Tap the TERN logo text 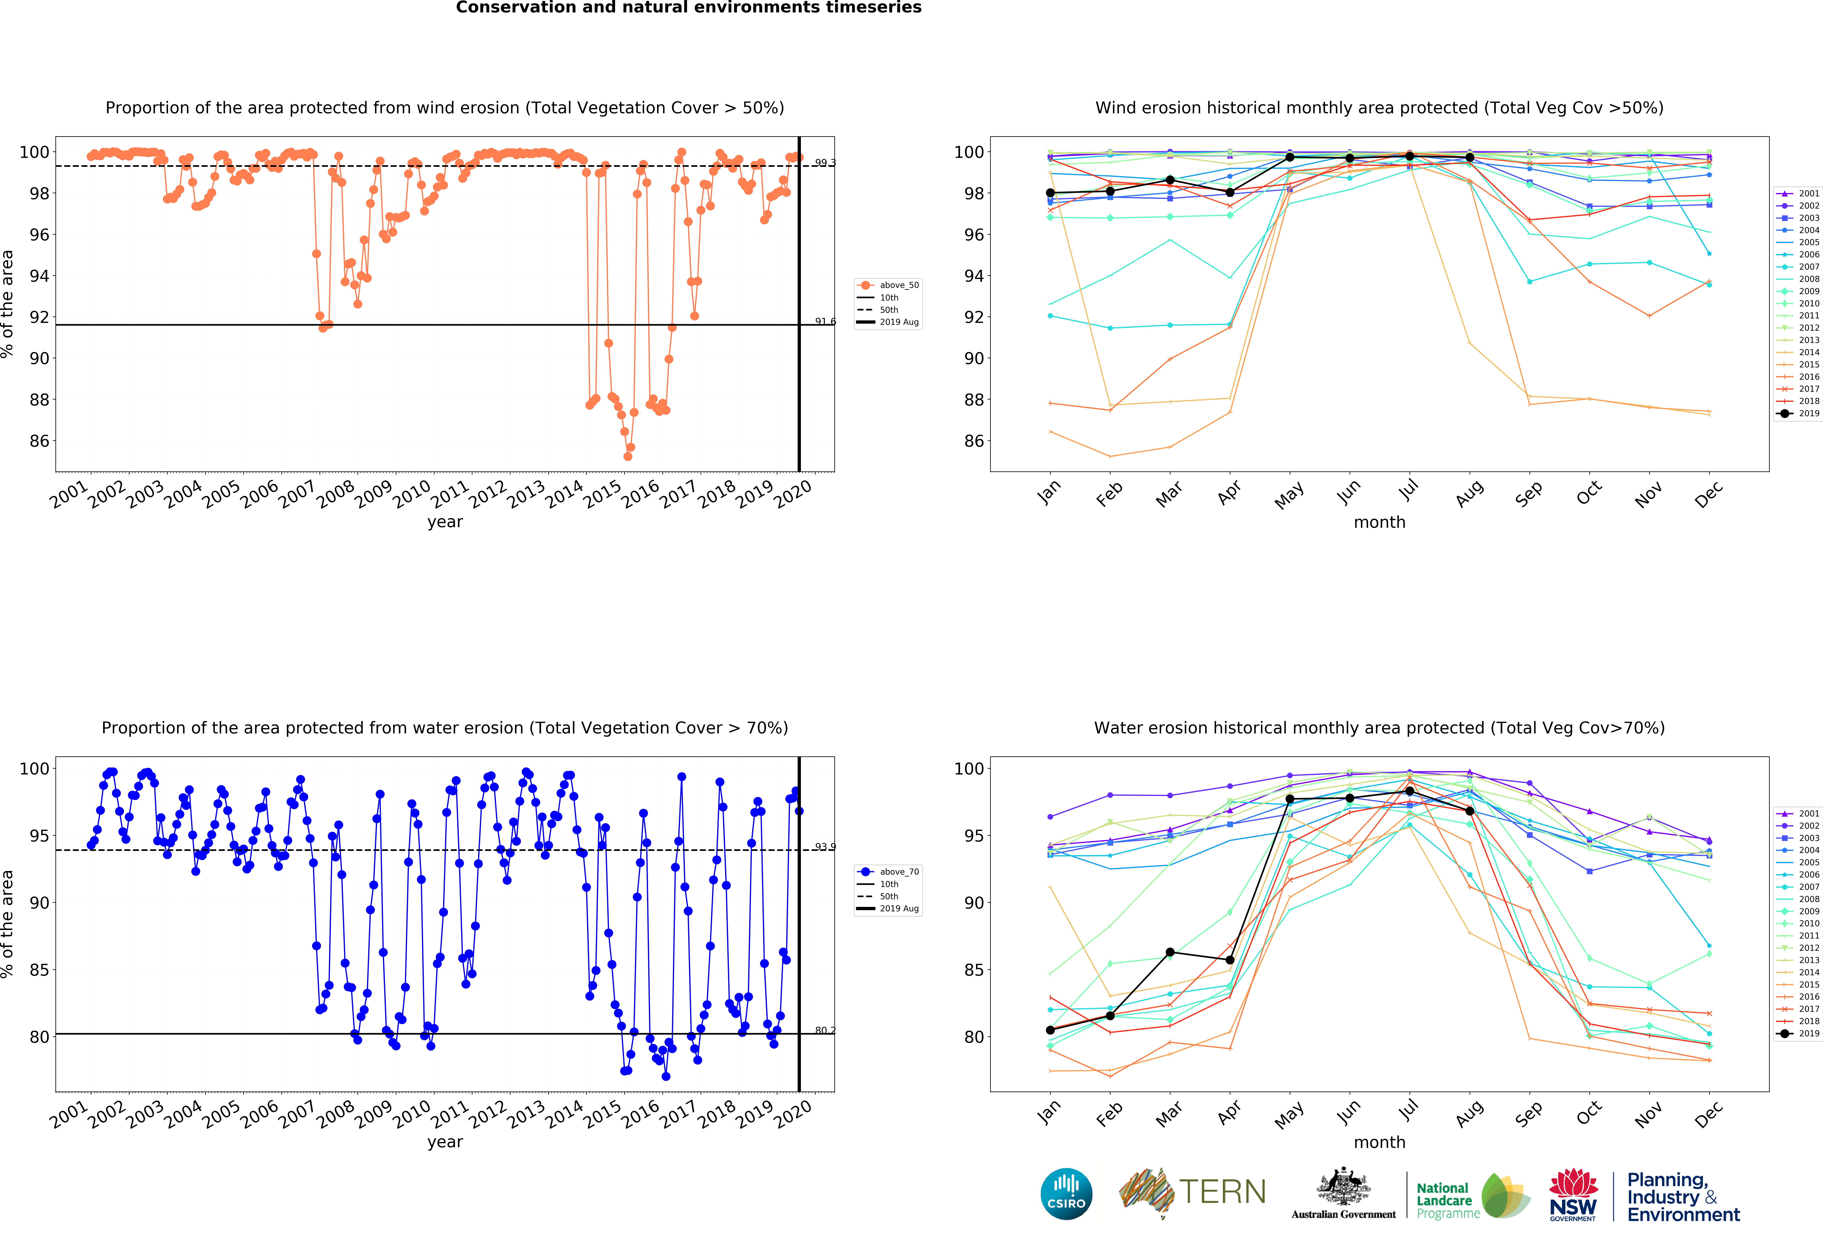(x=1222, y=1192)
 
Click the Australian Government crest (x=1344, y=1188)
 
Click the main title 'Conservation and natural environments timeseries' (x=689, y=8)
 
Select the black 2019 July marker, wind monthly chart (x=1410, y=156)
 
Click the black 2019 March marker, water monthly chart (x=1169, y=952)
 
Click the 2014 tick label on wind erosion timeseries (x=565, y=494)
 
